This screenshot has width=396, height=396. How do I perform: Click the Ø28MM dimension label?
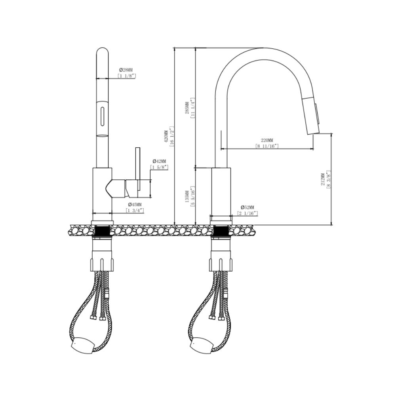(x=126, y=70)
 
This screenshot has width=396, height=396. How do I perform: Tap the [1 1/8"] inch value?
(x=126, y=76)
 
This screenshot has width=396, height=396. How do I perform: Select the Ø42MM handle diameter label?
(x=159, y=162)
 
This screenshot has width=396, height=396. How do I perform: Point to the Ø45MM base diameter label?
(x=135, y=204)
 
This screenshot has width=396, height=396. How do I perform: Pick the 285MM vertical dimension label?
(x=187, y=106)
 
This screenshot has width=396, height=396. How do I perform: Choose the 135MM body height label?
(x=187, y=195)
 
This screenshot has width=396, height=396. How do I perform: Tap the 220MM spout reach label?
(x=267, y=140)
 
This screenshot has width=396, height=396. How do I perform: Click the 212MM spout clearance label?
(x=323, y=179)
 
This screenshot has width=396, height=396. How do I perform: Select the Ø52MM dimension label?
(x=247, y=208)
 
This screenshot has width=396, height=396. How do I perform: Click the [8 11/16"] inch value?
(x=267, y=146)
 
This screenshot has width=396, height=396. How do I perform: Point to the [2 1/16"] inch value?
(x=247, y=213)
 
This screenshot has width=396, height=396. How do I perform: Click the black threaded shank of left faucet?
(x=103, y=230)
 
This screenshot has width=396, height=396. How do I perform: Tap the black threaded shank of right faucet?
(x=221, y=230)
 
